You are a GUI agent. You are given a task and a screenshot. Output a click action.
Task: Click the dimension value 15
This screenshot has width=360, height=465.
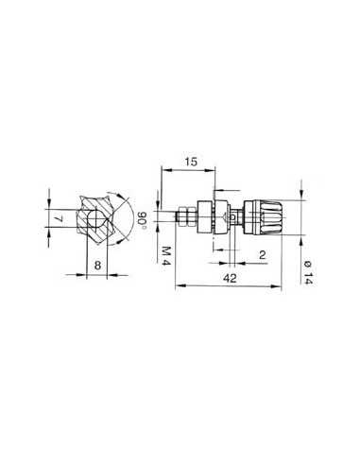coord(193,162)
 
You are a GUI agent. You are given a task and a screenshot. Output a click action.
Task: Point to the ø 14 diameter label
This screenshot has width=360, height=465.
coord(309,274)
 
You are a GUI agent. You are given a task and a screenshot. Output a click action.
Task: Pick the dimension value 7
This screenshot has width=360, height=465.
coord(59,218)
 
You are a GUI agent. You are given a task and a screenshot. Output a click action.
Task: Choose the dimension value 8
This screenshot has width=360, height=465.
coord(97,267)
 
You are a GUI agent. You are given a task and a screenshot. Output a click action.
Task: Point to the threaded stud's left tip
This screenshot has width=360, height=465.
coord(178,218)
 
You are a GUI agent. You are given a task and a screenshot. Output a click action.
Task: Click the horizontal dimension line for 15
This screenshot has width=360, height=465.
coord(189,171)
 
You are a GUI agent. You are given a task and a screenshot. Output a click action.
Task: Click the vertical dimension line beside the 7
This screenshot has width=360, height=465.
coord(50,218)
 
